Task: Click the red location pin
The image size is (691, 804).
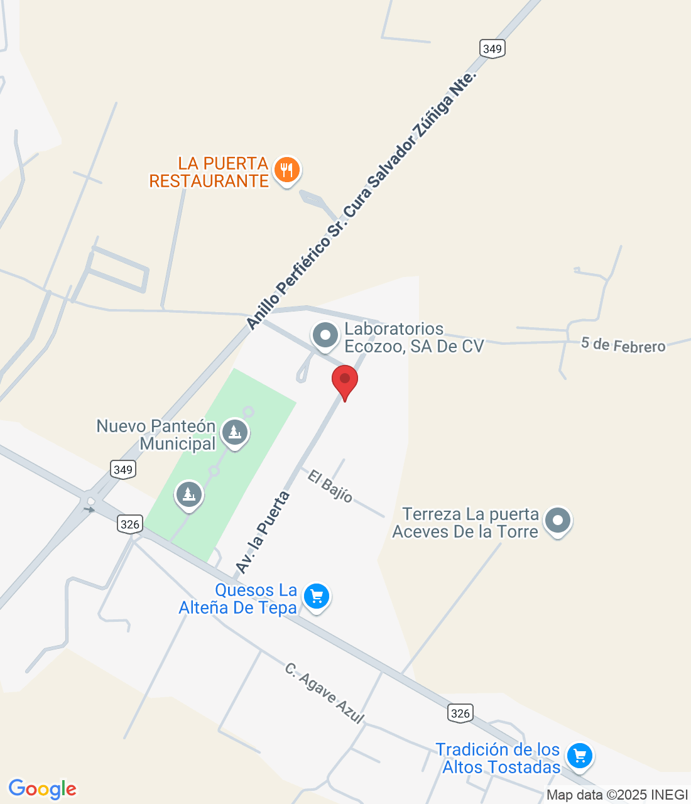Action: coord(344,381)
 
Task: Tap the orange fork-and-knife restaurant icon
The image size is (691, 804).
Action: coord(286,170)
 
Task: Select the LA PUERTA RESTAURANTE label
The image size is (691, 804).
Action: coord(209,172)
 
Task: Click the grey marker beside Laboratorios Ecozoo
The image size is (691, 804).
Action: coord(325,335)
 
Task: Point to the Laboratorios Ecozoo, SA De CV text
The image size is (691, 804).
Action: coord(414,337)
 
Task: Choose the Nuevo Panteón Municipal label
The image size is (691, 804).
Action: coord(156,435)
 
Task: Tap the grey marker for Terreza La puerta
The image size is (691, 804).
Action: coord(557,521)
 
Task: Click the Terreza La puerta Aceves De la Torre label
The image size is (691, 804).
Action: coord(465,523)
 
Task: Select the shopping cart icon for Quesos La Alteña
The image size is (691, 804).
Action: coord(316,597)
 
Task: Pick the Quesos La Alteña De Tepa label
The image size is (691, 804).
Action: coord(238,599)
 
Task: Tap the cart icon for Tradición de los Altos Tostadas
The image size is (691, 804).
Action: coord(579,756)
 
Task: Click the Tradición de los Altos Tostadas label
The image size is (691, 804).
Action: coord(498,758)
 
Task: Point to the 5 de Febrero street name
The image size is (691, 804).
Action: coord(623,345)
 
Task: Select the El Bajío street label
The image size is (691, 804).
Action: coord(330,486)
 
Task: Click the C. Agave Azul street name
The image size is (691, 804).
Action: coord(324,693)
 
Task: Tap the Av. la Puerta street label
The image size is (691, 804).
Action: coord(263,533)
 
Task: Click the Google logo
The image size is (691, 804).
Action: coord(42,789)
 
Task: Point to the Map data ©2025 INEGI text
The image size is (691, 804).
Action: coord(617,795)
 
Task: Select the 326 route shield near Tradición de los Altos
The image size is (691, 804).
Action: coord(460,713)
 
